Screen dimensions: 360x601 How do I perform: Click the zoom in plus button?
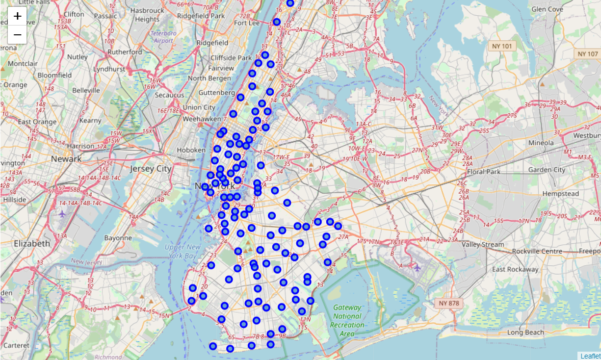pos(17,16)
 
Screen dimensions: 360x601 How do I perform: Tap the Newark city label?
pos(66,159)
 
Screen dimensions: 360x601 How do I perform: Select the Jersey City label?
pos(151,169)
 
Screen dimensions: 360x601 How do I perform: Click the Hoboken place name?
pos(192,150)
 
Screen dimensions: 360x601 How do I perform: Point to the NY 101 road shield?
pos(500,46)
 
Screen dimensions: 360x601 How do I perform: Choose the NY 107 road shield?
pos(588,53)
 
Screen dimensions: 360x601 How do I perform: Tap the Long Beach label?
pos(525,333)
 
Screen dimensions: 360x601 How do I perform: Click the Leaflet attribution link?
pos(590,356)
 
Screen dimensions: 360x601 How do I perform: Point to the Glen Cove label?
pos(547,9)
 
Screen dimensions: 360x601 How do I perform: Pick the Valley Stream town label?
pos(483,244)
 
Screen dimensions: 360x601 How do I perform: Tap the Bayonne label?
pos(118,238)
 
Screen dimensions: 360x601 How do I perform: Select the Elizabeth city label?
pos(32,243)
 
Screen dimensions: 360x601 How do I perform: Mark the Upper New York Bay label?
pos(183,252)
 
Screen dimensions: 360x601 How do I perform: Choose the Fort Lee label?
pos(247,23)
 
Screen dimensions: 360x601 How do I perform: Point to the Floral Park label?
pos(484,172)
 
